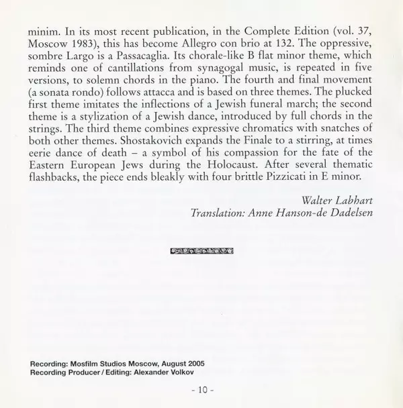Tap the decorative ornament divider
[202, 250]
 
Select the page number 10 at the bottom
[201, 389]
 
